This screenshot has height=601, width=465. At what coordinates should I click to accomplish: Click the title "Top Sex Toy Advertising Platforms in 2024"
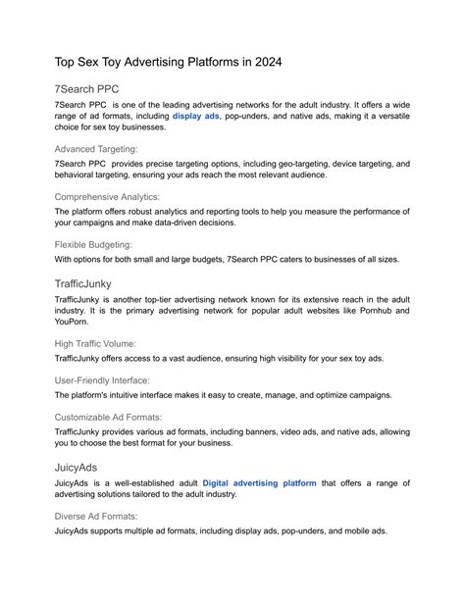pos(168,61)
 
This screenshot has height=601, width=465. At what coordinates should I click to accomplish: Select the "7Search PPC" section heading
pos(94,87)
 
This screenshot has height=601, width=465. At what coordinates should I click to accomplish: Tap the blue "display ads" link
pos(196,115)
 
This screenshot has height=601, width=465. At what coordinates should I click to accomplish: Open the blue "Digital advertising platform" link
pos(260,483)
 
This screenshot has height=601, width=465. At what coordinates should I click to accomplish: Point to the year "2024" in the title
pos(263,61)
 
